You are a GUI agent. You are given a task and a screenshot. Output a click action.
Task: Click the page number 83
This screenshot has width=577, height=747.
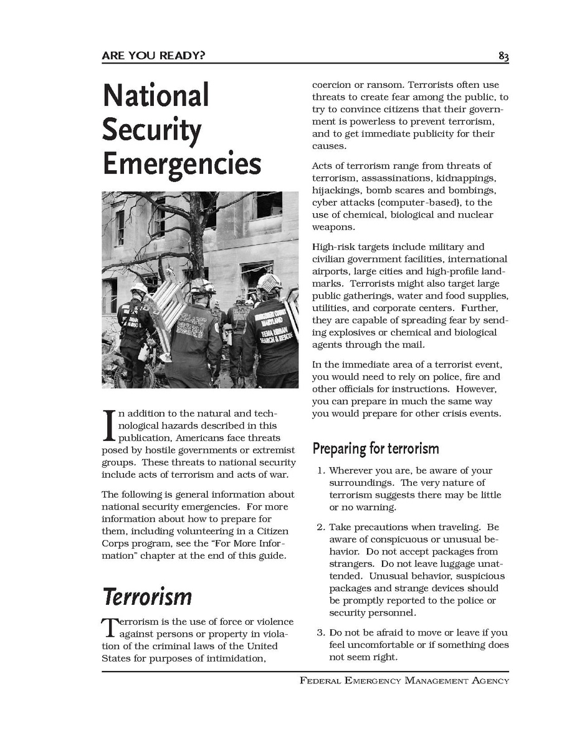click(x=503, y=57)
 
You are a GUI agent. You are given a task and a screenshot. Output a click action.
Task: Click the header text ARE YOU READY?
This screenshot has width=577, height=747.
click(x=153, y=56)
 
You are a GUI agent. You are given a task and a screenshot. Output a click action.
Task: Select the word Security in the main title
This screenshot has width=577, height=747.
click(x=151, y=130)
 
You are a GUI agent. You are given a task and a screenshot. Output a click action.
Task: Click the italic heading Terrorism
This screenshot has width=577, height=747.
click(x=147, y=597)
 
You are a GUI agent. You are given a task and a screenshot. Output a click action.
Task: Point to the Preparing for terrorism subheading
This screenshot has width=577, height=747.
click(x=375, y=448)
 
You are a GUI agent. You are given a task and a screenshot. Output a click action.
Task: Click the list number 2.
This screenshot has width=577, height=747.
click(x=320, y=528)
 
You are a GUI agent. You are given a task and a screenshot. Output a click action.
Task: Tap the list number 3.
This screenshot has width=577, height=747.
click(x=320, y=633)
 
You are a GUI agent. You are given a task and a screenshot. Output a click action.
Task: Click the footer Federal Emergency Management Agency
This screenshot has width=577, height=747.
click(x=404, y=680)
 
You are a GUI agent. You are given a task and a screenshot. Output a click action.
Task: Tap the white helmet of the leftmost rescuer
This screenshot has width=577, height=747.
click(x=138, y=289)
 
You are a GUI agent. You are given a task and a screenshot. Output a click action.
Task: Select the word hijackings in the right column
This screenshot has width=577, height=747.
click(x=336, y=190)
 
